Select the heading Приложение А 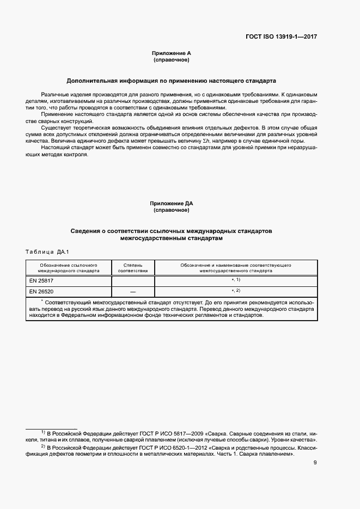click(x=171, y=53)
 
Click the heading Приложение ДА click(x=171, y=203)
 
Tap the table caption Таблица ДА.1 click(x=46, y=251)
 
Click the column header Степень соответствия click(x=133, y=267)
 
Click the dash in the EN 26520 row click(x=133, y=292)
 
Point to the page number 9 click(x=315, y=463)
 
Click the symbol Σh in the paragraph click(x=206, y=140)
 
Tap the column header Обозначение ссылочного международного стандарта click(x=69, y=267)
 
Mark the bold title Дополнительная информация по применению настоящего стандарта click(x=171, y=81)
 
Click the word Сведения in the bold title click(x=89, y=231)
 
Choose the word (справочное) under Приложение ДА click(x=171, y=210)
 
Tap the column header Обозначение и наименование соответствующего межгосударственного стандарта click(x=236, y=267)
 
